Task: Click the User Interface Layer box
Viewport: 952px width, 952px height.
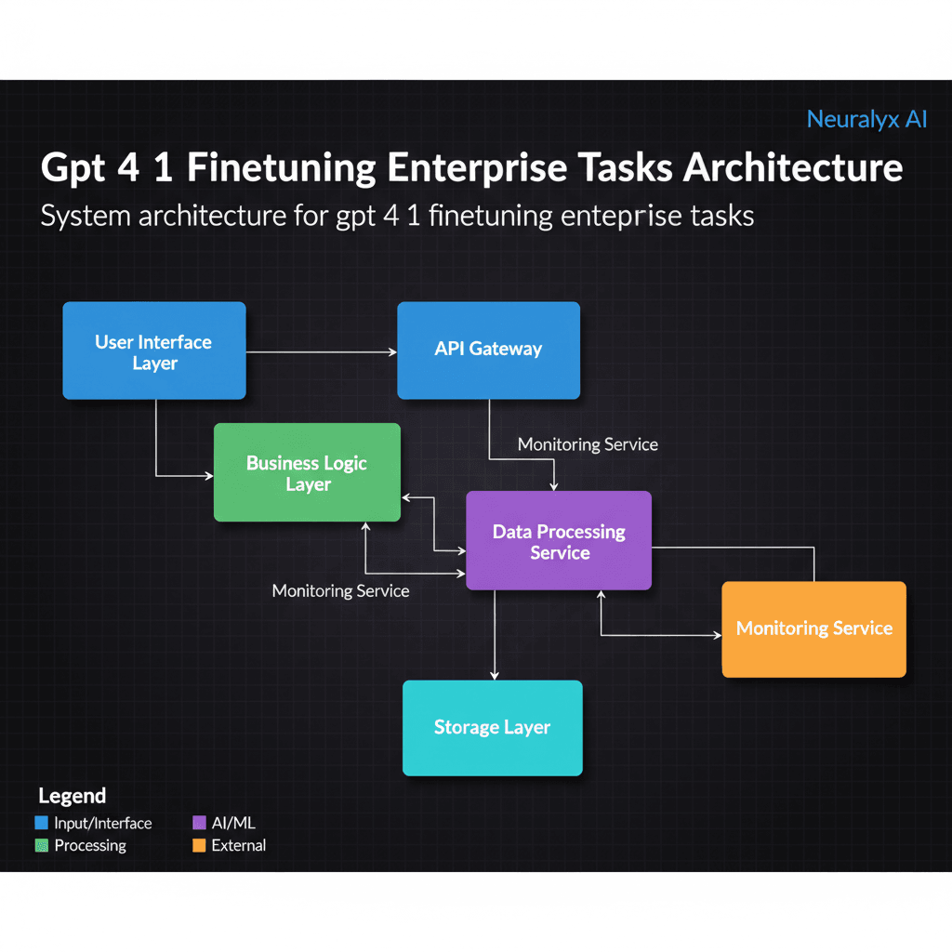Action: (x=154, y=351)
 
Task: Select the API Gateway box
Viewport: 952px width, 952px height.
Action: (x=488, y=350)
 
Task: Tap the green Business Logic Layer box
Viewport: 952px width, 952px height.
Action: (x=307, y=472)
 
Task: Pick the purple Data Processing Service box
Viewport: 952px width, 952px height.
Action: (x=558, y=541)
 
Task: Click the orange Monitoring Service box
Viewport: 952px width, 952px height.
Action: (x=813, y=628)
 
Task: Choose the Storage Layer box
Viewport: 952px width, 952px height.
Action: (x=492, y=727)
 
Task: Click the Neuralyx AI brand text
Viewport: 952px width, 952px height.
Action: (x=866, y=119)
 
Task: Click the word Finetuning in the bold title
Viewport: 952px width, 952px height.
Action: (x=281, y=168)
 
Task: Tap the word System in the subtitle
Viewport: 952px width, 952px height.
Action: (x=85, y=216)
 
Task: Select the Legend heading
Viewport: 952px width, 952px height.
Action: (x=72, y=796)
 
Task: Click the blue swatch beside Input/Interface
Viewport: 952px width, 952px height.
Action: (x=41, y=823)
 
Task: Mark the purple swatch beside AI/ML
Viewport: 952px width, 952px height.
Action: (x=198, y=823)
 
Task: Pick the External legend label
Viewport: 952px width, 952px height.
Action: (x=238, y=845)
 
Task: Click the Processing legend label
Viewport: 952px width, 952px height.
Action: (x=90, y=845)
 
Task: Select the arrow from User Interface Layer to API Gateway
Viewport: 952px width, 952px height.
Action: (x=321, y=352)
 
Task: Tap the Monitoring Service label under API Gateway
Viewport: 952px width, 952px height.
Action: (x=588, y=444)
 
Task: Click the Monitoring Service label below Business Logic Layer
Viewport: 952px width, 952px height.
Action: (x=340, y=590)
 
